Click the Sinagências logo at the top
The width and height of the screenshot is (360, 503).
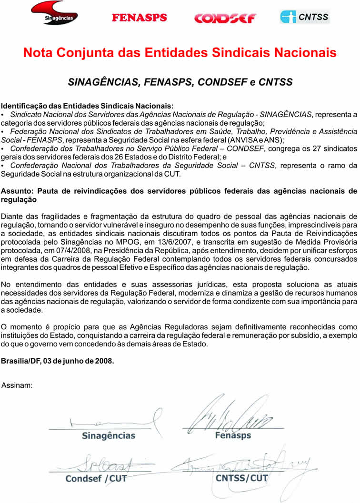(x=54, y=13)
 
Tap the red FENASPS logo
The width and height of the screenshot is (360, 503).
(x=139, y=18)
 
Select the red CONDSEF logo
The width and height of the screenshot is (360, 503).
(x=225, y=18)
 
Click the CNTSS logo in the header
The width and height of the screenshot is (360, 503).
(x=305, y=17)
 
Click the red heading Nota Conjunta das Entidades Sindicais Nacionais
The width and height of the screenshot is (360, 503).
(x=180, y=52)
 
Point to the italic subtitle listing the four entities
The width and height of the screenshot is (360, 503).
(x=180, y=82)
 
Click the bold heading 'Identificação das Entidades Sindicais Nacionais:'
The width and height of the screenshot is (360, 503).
(x=88, y=106)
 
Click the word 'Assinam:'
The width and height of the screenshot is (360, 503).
(x=18, y=385)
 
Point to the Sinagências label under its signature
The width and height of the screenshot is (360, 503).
(x=109, y=435)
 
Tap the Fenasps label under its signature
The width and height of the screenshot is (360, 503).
(x=233, y=435)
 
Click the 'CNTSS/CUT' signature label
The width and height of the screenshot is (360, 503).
(x=242, y=478)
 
